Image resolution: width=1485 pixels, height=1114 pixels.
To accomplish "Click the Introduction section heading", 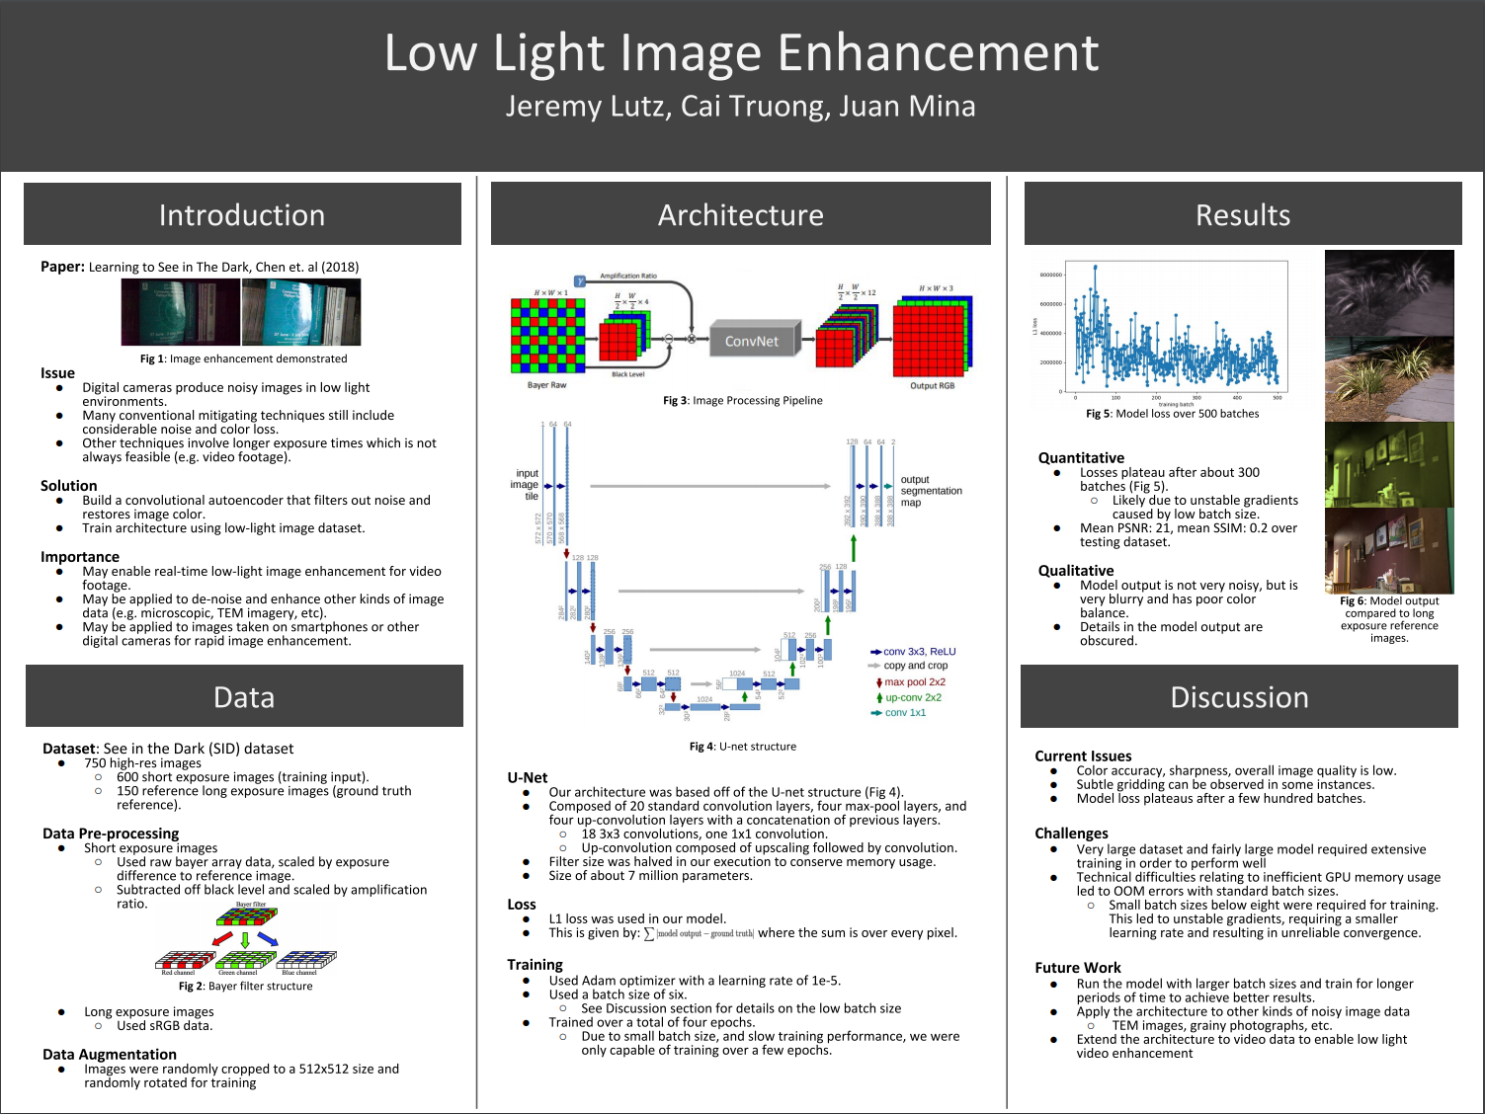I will (242, 215).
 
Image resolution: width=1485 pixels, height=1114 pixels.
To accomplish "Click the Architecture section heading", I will (741, 215).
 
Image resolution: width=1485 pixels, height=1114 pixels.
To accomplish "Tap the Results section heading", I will (1243, 215).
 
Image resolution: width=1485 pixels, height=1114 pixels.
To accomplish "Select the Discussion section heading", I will (1239, 697).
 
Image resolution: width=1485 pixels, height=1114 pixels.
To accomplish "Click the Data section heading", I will (244, 697).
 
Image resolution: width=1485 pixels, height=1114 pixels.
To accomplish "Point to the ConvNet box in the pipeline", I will (752, 342).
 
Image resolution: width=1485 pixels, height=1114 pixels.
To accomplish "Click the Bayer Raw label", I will (546, 385).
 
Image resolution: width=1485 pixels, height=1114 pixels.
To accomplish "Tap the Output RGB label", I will (932, 386).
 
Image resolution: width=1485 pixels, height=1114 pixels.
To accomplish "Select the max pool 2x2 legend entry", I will (914, 682).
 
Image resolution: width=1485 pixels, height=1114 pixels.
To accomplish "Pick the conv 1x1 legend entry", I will (905, 713).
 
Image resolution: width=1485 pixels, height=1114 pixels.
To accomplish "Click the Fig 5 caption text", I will (1172, 414).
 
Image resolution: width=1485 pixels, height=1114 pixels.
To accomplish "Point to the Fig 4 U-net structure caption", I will (743, 747).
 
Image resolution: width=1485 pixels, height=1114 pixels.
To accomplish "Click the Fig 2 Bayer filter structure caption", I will (245, 986).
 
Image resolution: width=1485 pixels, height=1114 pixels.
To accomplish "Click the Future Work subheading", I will (1078, 968).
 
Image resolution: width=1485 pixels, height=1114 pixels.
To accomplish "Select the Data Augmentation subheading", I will (110, 1055).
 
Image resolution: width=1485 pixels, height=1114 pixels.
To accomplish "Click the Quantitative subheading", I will (1081, 458).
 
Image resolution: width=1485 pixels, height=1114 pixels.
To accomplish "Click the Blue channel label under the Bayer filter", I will (299, 973).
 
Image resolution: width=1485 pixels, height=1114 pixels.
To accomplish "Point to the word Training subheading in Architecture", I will (535, 965).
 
